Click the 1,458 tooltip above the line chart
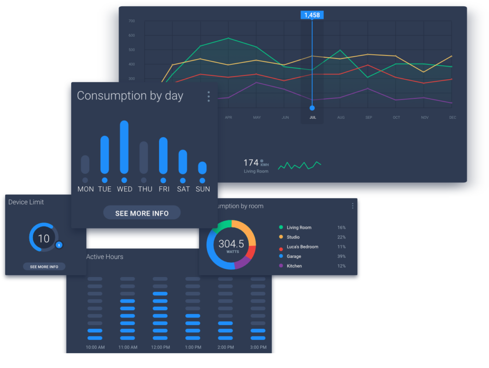pyautogui.click(x=312, y=15)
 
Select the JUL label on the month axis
pyautogui.click(x=312, y=117)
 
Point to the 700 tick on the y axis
pyautogui.click(x=132, y=21)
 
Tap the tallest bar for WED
pyautogui.click(x=124, y=147)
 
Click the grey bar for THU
pyautogui.click(x=144, y=158)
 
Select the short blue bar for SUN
pyautogui.click(x=202, y=168)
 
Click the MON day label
pyautogui.click(x=85, y=189)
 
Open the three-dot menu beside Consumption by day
pyautogui.click(x=209, y=97)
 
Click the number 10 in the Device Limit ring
pyautogui.click(x=43, y=238)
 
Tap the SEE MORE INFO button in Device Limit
pyautogui.click(x=44, y=266)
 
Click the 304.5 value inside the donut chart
pyautogui.click(x=231, y=244)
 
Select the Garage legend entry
pyautogui.click(x=294, y=256)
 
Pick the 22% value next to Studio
pyautogui.click(x=341, y=237)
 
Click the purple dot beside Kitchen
pyautogui.click(x=281, y=266)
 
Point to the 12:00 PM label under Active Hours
pyautogui.click(x=160, y=347)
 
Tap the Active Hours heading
pyautogui.click(x=105, y=257)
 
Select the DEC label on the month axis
pyautogui.click(x=452, y=117)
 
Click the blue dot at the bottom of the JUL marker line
pyautogui.click(x=312, y=108)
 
